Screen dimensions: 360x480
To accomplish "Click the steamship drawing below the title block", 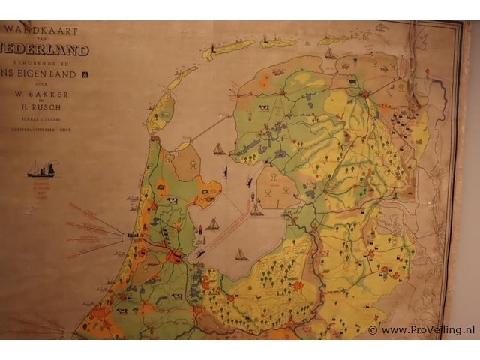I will (x=40, y=171).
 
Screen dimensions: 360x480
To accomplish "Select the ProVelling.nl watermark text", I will (x=427, y=330).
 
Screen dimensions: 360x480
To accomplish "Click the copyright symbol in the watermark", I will (x=373, y=330).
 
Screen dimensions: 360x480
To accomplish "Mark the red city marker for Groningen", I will (x=365, y=95).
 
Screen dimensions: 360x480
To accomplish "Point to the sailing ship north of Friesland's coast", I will (x=329, y=53).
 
